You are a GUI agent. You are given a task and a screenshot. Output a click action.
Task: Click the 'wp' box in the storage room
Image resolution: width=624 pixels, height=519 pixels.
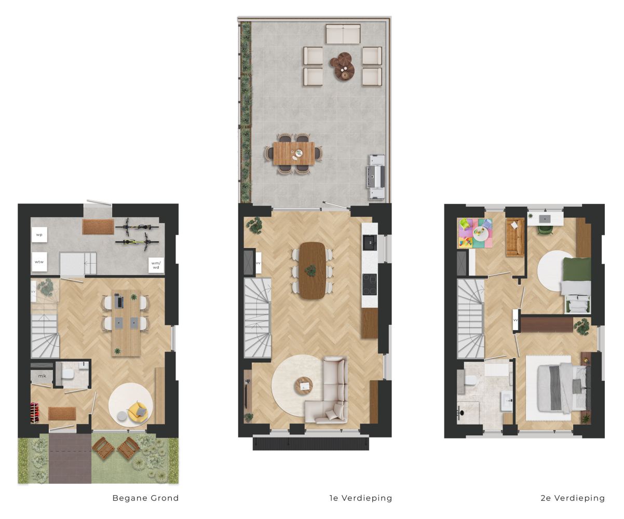tap(39, 235)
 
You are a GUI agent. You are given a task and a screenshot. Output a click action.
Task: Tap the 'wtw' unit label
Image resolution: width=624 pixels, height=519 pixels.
tap(39, 262)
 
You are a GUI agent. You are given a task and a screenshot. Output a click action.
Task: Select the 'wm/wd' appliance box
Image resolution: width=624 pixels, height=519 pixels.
tap(156, 265)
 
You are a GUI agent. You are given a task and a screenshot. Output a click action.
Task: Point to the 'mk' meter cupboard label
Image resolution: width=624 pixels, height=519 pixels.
tap(42, 376)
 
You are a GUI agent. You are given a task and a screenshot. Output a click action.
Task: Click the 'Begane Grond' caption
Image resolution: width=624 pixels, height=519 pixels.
tap(145, 498)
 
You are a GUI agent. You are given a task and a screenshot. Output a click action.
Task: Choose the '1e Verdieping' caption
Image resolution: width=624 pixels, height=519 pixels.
tap(361, 498)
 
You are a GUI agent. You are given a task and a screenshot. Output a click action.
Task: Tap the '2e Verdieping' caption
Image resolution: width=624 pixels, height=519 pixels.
tap(573, 498)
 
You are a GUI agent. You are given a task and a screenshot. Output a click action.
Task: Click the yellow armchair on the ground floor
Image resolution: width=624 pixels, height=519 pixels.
tap(138, 411)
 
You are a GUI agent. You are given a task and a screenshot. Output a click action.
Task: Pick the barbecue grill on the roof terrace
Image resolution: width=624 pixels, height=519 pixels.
tap(376, 176)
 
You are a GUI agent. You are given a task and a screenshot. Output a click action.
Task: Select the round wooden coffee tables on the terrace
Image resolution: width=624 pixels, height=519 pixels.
tap(343, 66)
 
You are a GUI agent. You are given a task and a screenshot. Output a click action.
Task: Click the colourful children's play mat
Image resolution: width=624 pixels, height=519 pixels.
tap(474, 233)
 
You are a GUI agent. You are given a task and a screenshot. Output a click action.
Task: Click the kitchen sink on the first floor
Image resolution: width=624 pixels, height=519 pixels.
tap(370, 242)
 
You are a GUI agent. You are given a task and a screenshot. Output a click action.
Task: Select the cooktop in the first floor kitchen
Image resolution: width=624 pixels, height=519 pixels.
tap(370, 284)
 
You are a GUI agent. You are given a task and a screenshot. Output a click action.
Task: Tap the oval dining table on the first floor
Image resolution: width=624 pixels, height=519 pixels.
tap(313, 270)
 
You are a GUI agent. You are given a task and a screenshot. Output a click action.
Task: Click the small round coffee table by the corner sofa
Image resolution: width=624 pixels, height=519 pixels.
tap(304, 386)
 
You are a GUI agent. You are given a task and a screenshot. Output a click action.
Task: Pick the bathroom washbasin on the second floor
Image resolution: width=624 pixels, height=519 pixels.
tap(507, 400)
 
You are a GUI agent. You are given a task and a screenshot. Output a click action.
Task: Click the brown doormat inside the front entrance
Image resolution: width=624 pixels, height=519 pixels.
tap(62, 413)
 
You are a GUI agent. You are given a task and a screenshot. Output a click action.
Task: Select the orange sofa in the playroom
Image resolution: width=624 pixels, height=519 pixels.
tap(515, 237)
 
